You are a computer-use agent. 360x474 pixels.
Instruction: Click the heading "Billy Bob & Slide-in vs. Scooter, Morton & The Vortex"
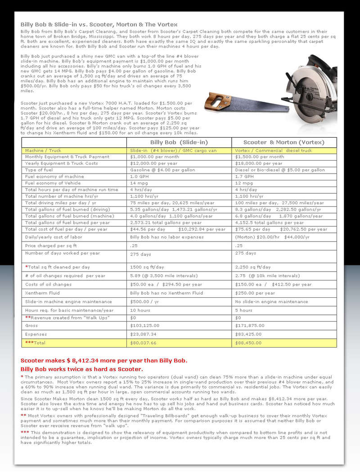click(x=99, y=24)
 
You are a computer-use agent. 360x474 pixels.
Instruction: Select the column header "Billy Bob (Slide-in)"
click(x=179, y=142)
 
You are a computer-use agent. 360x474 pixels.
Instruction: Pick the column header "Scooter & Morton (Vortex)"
click(x=284, y=142)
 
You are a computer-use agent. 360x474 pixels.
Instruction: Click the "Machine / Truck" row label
click(x=43, y=151)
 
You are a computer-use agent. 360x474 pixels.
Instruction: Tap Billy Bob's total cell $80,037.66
click(x=143, y=343)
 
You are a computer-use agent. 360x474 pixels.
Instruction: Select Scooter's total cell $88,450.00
click(x=249, y=343)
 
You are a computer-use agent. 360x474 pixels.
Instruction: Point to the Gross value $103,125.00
click(x=145, y=326)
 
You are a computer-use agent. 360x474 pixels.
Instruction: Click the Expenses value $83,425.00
click(x=249, y=334)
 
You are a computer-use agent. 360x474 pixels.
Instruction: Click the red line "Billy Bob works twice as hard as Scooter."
click(x=85, y=369)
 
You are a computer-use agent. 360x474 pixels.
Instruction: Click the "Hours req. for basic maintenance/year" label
click(x=69, y=310)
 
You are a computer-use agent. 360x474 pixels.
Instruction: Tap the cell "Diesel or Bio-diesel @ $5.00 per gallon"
click(x=280, y=170)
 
